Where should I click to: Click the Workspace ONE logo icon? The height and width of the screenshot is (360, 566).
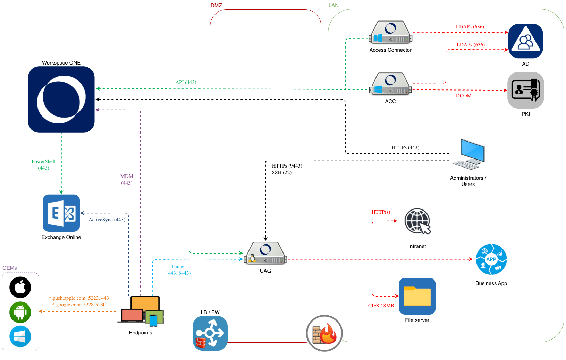pyautogui.click(x=61, y=100)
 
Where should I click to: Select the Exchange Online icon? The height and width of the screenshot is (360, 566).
pyautogui.click(x=61, y=213)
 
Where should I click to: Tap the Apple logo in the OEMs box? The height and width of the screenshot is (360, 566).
pyautogui.click(x=20, y=287)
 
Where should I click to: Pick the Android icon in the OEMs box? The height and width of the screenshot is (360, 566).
pyautogui.click(x=20, y=312)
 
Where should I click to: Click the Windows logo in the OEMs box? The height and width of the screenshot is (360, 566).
pyautogui.click(x=20, y=336)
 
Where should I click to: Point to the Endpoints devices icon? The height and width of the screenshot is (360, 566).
pyautogui.click(x=141, y=311)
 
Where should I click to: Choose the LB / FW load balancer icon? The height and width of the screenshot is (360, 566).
pyautogui.click(x=210, y=333)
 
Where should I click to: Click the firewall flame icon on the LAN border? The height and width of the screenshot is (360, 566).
pyautogui.click(x=324, y=333)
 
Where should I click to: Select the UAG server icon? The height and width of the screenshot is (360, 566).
pyautogui.click(x=265, y=254)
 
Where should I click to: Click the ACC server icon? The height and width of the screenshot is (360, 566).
pyautogui.click(x=390, y=84)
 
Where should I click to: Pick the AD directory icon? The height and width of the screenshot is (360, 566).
pyautogui.click(x=525, y=41)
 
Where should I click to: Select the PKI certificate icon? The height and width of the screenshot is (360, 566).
pyautogui.click(x=525, y=90)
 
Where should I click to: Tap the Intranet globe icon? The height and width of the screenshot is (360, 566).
pyautogui.click(x=417, y=221)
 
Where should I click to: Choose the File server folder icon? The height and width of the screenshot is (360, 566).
pyautogui.click(x=417, y=296)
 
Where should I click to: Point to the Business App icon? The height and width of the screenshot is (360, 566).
pyautogui.click(x=491, y=259)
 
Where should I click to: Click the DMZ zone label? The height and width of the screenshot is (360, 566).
pyautogui.click(x=216, y=6)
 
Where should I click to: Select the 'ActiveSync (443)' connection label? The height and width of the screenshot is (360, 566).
pyautogui.click(x=107, y=220)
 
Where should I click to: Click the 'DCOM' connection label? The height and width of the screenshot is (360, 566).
pyautogui.click(x=464, y=96)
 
